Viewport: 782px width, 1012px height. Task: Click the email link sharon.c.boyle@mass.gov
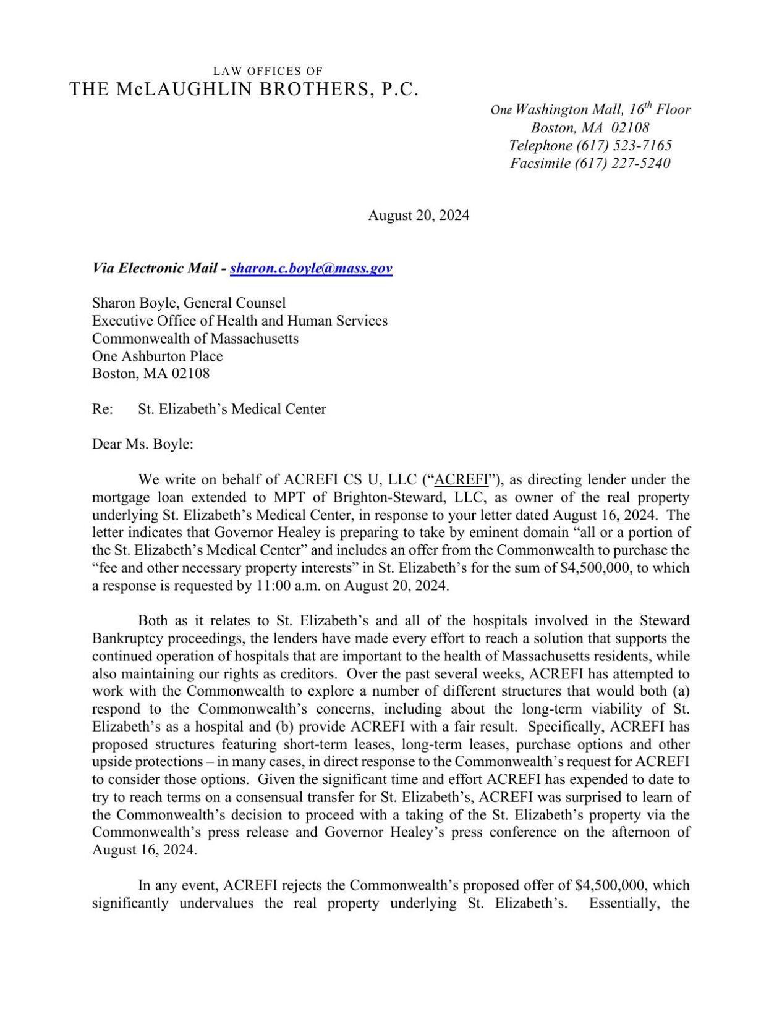pos(311,268)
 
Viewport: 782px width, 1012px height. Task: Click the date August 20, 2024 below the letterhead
pos(419,215)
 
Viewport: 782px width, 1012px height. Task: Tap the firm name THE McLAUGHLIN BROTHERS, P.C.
pos(244,89)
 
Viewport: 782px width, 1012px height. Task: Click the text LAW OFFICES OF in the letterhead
pos(267,71)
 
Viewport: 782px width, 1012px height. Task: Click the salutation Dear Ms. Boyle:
pos(143,444)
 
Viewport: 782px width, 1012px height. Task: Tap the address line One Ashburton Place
pos(157,356)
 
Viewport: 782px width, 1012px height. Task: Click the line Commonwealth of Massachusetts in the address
pos(195,339)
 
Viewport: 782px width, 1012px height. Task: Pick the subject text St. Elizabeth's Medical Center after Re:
pos(232,409)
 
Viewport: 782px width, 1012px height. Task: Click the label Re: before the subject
pos(102,409)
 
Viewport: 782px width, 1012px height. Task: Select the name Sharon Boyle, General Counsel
pos(189,303)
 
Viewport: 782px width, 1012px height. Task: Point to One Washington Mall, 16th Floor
pos(590,110)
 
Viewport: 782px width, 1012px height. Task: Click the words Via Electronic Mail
pos(155,268)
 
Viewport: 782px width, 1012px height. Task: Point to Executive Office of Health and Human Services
pos(240,321)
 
